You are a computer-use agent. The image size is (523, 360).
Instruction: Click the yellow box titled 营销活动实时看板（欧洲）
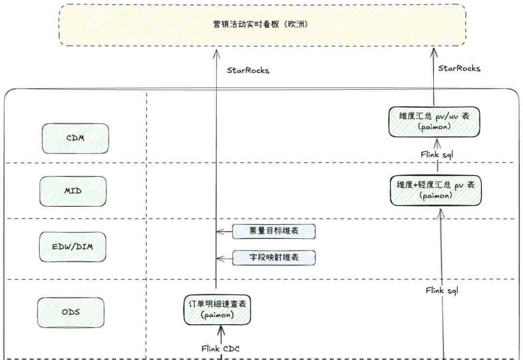tap(262, 25)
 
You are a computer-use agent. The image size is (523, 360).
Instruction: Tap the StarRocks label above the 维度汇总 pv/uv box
tap(459, 68)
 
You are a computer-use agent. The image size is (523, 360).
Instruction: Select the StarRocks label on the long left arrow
tap(248, 70)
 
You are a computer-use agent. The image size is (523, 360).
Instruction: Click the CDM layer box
tap(75, 138)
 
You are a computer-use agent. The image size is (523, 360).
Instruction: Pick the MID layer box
tap(73, 191)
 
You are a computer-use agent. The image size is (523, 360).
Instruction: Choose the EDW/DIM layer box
tap(72, 247)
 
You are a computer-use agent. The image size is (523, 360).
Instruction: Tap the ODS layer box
tap(71, 312)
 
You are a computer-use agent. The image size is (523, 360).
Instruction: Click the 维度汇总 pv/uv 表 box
tap(434, 122)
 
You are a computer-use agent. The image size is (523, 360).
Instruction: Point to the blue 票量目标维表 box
tap(274, 232)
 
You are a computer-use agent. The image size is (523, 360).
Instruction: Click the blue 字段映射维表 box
tap(274, 258)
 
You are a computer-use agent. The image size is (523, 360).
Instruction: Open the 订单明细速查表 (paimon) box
tap(217, 309)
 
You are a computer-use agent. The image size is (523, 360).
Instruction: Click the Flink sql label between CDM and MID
tap(437, 155)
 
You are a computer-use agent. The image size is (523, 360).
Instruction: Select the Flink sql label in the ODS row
tap(442, 291)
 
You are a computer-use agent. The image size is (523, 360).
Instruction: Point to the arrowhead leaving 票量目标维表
tap(219, 232)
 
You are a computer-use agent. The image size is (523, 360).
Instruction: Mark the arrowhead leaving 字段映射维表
tap(219, 258)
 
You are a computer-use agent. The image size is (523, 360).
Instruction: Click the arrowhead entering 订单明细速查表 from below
tap(221, 329)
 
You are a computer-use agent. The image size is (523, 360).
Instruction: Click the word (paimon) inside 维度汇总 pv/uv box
tap(434, 127)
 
